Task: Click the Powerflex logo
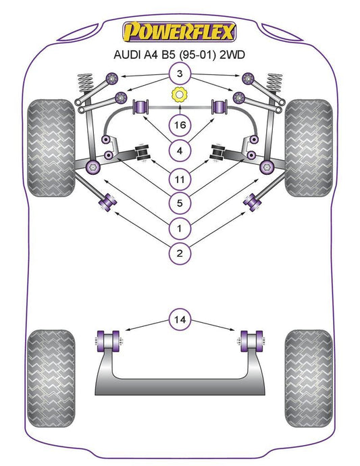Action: [180, 32]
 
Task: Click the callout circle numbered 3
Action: [180, 74]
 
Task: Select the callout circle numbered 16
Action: [180, 125]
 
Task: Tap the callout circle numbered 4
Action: [180, 151]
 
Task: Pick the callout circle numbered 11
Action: [180, 180]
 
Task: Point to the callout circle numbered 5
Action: [180, 203]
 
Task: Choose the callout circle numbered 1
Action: [180, 228]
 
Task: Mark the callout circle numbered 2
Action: [180, 253]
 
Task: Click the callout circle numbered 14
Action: [180, 319]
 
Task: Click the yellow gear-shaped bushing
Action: [180, 95]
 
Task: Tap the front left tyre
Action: [51, 148]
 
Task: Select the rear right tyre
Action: [309, 378]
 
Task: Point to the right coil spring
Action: [274, 84]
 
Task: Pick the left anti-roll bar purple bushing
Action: [142, 107]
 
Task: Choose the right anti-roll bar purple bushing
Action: [219, 107]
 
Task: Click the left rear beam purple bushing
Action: [108, 341]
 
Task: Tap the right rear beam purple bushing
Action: [252, 341]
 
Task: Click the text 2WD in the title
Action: [232, 55]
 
